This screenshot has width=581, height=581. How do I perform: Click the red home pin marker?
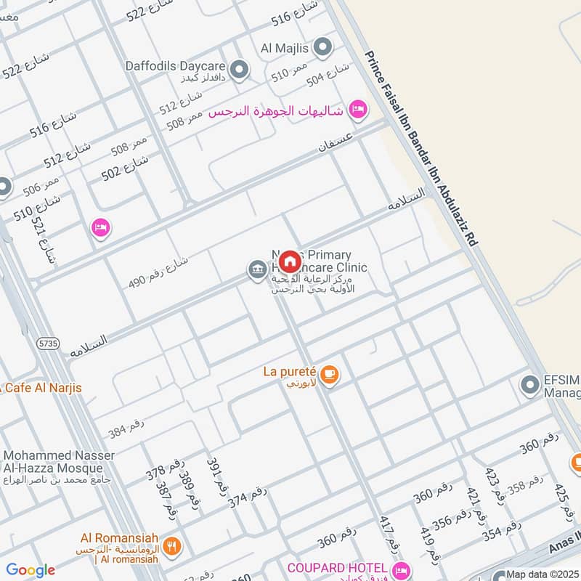(290, 261)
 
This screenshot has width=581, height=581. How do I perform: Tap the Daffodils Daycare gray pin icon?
(240, 70)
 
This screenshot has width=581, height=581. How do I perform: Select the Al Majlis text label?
(285, 48)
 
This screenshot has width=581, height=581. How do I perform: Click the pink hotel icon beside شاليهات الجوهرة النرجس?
(357, 110)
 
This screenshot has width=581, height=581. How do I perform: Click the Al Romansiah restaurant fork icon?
(171, 545)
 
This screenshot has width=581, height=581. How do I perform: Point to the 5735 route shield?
(49, 339)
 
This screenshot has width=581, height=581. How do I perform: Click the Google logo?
(31, 571)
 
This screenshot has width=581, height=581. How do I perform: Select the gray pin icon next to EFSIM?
(529, 385)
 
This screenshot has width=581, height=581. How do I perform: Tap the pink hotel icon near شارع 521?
(101, 228)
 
